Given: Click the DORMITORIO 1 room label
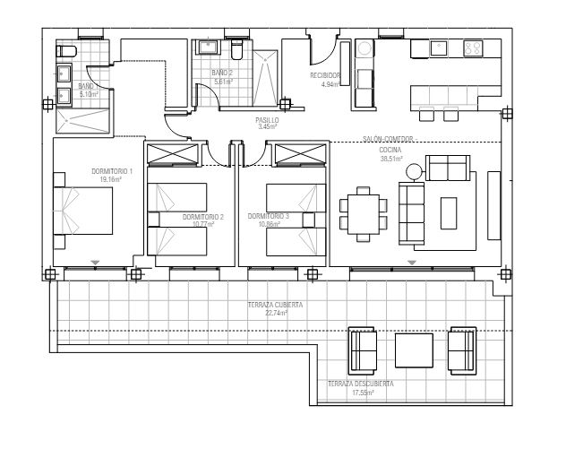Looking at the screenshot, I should coord(112,171).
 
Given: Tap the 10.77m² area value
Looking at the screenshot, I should coord(203,225).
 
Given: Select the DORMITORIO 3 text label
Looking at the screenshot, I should coord(269,216).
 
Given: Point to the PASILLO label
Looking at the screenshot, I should coord(268,119).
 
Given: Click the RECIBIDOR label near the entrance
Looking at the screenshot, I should coord(326,76).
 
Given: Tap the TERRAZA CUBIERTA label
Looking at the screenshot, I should coord(276,306).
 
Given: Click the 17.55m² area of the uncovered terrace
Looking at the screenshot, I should coord(361,392).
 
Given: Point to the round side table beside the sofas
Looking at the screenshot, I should coord(414,170).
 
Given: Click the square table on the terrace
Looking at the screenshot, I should coord(414,350).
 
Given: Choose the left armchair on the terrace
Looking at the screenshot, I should coord(363,351).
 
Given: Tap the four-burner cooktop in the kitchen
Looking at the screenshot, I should coord(473,49).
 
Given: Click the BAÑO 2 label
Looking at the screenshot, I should coord(222,73).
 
